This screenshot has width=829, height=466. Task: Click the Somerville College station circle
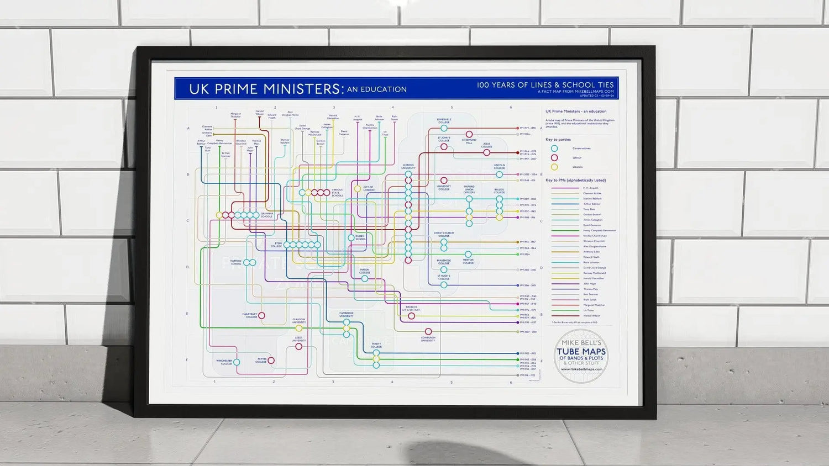click(444, 128)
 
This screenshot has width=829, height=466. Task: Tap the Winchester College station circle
click(237, 362)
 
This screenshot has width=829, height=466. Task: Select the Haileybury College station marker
click(262, 316)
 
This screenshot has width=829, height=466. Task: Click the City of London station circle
click(358, 189)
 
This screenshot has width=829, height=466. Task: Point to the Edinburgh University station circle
click(428, 332)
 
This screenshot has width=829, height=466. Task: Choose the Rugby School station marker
click(351, 237)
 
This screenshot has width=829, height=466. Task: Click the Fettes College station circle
click(271, 361)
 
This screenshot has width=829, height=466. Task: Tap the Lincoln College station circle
click(499, 174)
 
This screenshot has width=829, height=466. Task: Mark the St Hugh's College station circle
click(444, 285)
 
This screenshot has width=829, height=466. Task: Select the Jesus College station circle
click(486, 152)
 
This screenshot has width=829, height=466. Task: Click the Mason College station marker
click(365, 279)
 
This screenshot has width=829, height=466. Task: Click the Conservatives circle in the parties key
click(554, 149)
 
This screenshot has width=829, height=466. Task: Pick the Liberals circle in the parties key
click(554, 167)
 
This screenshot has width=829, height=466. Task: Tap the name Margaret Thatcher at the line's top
click(235, 115)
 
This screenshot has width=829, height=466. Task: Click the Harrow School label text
click(236, 262)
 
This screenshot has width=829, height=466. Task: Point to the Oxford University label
click(408, 166)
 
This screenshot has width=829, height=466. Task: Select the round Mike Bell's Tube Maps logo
click(581, 356)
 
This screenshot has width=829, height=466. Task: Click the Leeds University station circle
click(299, 347)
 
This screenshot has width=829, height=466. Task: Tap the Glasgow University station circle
click(299, 329)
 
